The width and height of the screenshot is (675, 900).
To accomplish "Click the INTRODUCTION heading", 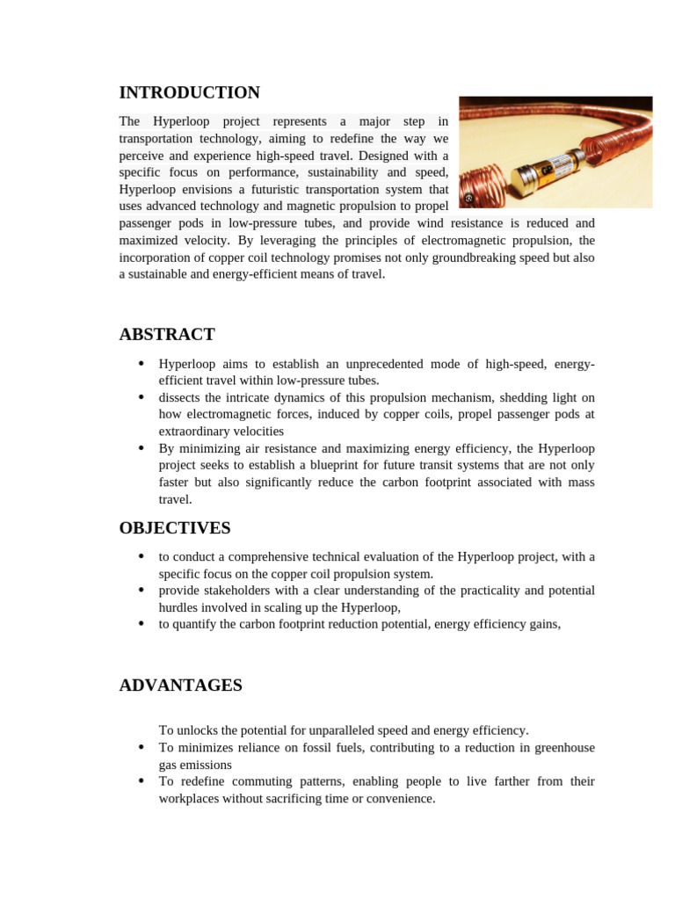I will pyautogui.click(x=189, y=93).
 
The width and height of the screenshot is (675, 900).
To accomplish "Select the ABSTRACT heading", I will pyautogui.click(x=167, y=335).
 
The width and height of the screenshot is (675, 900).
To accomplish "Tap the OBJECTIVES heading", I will pyautogui.click(x=175, y=528).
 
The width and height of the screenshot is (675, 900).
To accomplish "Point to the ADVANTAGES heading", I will pyautogui.click(x=180, y=686).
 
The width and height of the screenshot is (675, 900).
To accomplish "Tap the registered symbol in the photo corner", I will pyautogui.click(x=468, y=198).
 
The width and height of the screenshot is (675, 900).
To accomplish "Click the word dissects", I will pyautogui.click(x=180, y=397).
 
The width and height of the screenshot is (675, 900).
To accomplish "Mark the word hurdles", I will pyautogui.click(x=179, y=607).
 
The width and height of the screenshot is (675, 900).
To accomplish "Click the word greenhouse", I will pyautogui.click(x=562, y=747).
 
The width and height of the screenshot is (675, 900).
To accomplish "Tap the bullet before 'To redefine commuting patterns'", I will pyautogui.click(x=141, y=781).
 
